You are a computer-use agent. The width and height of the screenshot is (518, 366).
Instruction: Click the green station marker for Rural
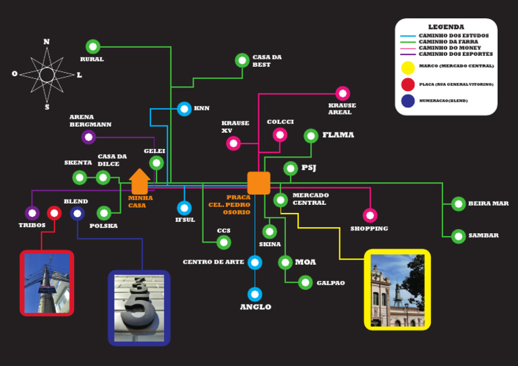(93, 47)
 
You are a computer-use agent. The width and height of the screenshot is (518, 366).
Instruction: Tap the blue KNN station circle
(184, 109)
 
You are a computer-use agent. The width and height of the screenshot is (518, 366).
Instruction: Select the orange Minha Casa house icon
(140, 182)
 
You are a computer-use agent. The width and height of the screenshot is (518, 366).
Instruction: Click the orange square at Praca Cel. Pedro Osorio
(258, 183)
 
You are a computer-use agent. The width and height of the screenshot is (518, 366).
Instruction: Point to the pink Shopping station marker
(370, 215)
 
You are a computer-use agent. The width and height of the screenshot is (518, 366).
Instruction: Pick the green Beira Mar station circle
(459, 204)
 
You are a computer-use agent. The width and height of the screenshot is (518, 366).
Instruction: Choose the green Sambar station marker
(459, 236)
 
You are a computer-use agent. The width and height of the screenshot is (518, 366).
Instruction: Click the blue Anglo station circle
(254, 295)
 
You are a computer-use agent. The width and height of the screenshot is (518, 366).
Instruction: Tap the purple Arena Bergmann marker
(88, 138)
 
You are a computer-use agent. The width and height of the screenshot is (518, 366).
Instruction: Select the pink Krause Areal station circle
(343, 94)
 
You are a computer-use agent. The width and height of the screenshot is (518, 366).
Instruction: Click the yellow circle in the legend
(407, 67)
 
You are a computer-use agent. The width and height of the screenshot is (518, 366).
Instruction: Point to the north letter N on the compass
(47, 42)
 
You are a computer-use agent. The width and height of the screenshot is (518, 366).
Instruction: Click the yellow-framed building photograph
(397, 290)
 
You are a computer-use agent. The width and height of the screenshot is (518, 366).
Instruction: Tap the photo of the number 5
(139, 308)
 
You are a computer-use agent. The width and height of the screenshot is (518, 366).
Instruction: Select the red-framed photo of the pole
(47, 283)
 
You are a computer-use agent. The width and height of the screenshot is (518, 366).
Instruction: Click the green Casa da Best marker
(242, 60)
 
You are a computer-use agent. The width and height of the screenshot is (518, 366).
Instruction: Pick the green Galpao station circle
(306, 282)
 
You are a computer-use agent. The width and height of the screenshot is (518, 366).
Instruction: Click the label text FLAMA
(338, 135)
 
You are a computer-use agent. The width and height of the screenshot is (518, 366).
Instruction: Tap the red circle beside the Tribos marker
(55, 213)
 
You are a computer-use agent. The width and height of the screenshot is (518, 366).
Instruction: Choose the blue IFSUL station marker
(184, 208)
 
